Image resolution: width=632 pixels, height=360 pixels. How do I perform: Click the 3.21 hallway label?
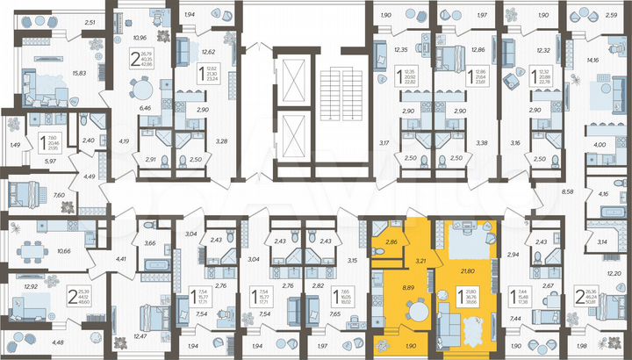(x=420, y=261)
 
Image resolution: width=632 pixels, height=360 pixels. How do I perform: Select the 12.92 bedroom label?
(x=31, y=287)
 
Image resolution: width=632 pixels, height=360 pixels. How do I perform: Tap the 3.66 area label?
(x=148, y=242)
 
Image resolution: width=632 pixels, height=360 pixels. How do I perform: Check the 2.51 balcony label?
(x=88, y=23)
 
